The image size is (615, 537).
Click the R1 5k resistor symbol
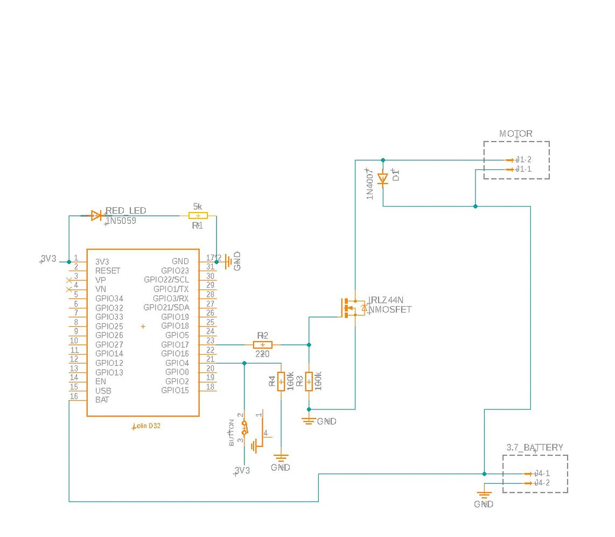(198, 216)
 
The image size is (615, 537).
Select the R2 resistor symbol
(262, 345)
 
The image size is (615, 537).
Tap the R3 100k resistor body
(309, 381)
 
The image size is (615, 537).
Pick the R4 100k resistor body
(281, 381)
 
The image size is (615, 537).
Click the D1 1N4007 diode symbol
(383, 178)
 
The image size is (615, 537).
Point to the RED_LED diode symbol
(96, 216)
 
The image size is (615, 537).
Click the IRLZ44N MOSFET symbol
(353, 308)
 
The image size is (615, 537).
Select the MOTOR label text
(515, 134)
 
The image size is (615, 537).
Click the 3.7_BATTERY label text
(535, 448)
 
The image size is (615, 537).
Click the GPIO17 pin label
(174, 345)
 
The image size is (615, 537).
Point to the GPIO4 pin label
(177, 363)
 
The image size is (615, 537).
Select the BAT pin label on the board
(102, 400)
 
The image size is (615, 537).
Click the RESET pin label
(108, 271)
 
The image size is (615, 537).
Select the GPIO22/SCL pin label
(166, 280)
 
